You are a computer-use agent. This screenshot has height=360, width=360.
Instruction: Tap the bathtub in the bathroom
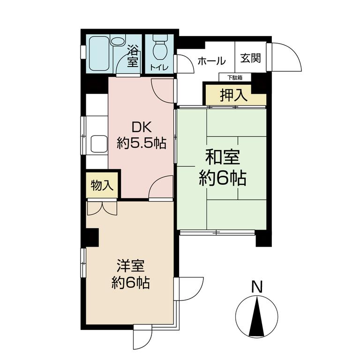tap(99, 54)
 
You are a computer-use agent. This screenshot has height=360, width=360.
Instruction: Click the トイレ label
tap(159, 67)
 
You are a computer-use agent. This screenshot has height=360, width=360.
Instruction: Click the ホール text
tap(212, 61)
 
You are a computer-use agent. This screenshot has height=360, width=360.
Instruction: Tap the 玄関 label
tap(251, 58)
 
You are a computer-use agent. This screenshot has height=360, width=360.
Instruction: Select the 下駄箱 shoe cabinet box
tap(235, 77)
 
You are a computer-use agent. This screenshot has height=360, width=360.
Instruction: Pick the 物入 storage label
tap(102, 185)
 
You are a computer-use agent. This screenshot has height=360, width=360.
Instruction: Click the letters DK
tap(142, 127)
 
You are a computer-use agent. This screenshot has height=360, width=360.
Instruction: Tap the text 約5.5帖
tap(142, 143)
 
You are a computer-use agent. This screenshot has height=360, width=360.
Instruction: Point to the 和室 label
tap(223, 157)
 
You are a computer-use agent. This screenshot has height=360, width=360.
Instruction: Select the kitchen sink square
tap(99, 144)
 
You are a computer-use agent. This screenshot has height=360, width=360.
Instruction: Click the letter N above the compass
tap(257, 287)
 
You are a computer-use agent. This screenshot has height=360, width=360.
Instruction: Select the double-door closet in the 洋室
tap(102, 208)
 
